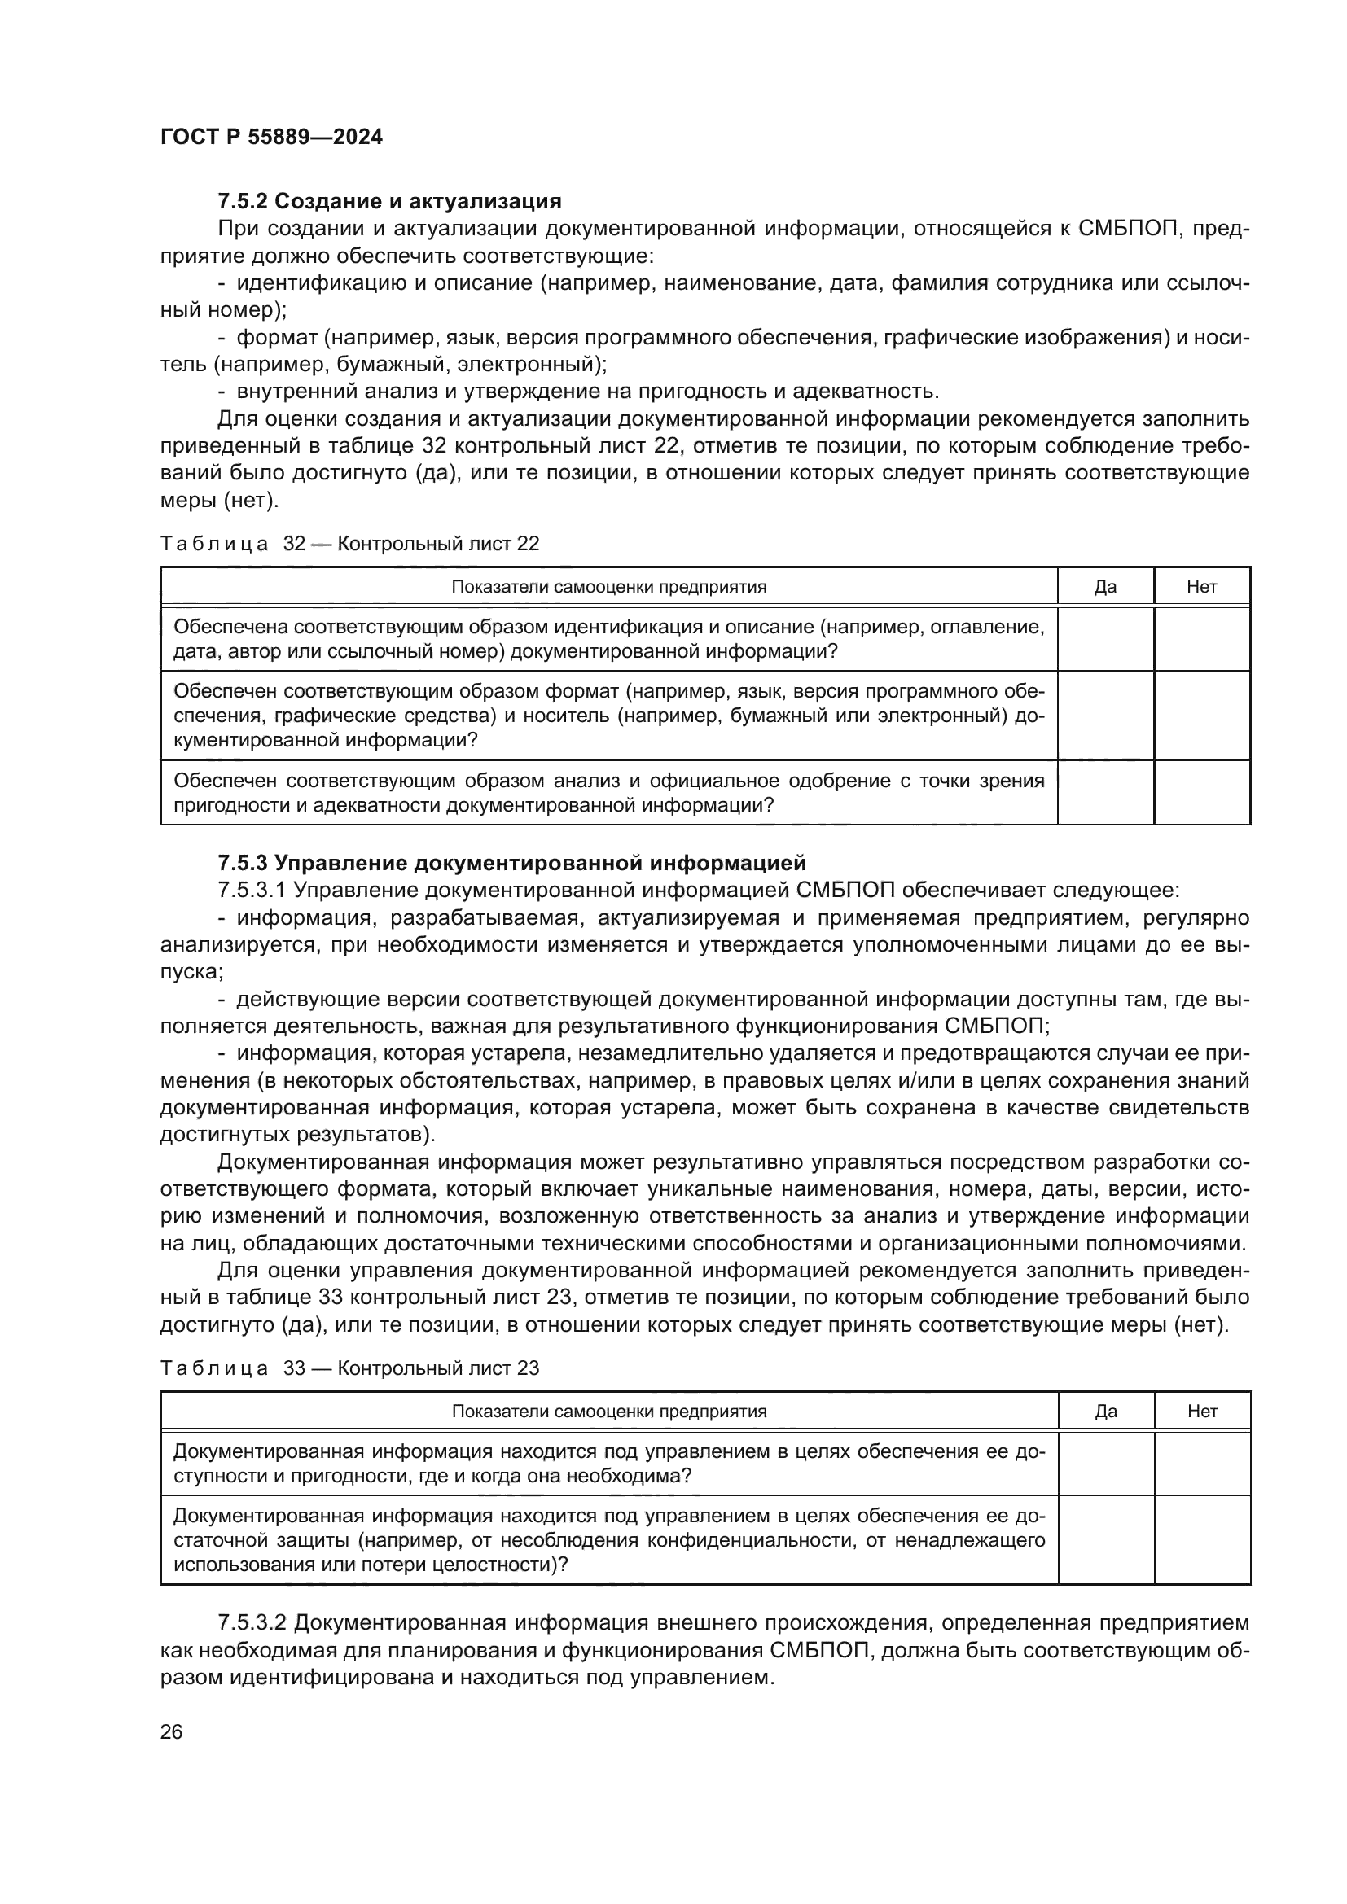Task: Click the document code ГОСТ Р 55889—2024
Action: pos(271,138)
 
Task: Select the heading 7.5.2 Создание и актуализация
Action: pos(389,202)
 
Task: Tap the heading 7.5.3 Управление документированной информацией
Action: pos(511,863)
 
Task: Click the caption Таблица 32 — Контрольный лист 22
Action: pos(349,544)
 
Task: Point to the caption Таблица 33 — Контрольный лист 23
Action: pos(349,1368)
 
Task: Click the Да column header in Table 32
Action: pos(1105,587)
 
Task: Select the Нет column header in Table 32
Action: pos(1201,587)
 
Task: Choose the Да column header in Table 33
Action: pos(1105,1412)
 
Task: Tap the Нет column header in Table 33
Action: pos(1201,1412)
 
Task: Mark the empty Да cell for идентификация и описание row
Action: pos(1105,639)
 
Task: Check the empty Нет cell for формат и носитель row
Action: pos(1201,716)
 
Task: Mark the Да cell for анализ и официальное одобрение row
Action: pos(1105,793)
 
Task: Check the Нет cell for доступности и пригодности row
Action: pos(1201,1464)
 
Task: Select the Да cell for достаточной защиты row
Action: pos(1105,1540)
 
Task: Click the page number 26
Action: pos(171,1732)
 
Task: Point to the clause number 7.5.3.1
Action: pos(252,891)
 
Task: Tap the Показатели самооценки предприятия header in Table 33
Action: pos(609,1412)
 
